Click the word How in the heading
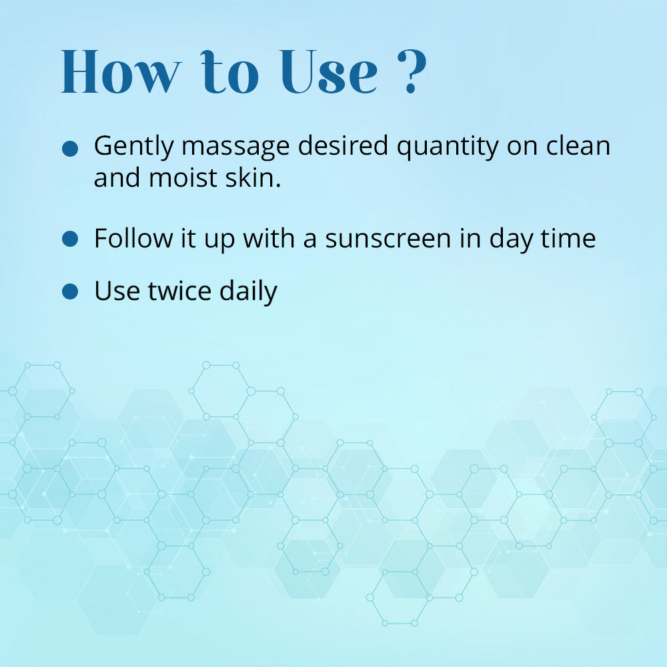click(x=121, y=71)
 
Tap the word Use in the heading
click(x=329, y=71)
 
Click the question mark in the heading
click(x=412, y=71)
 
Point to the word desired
click(x=343, y=145)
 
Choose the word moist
click(x=183, y=178)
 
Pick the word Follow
click(x=133, y=238)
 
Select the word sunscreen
click(x=388, y=239)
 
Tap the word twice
click(x=179, y=291)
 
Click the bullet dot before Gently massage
click(x=70, y=149)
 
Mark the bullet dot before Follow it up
click(x=70, y=239)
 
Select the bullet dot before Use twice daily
click(x=70, y=291)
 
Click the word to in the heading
click(x=229, y=72)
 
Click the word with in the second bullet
click(x=268, y=238)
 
